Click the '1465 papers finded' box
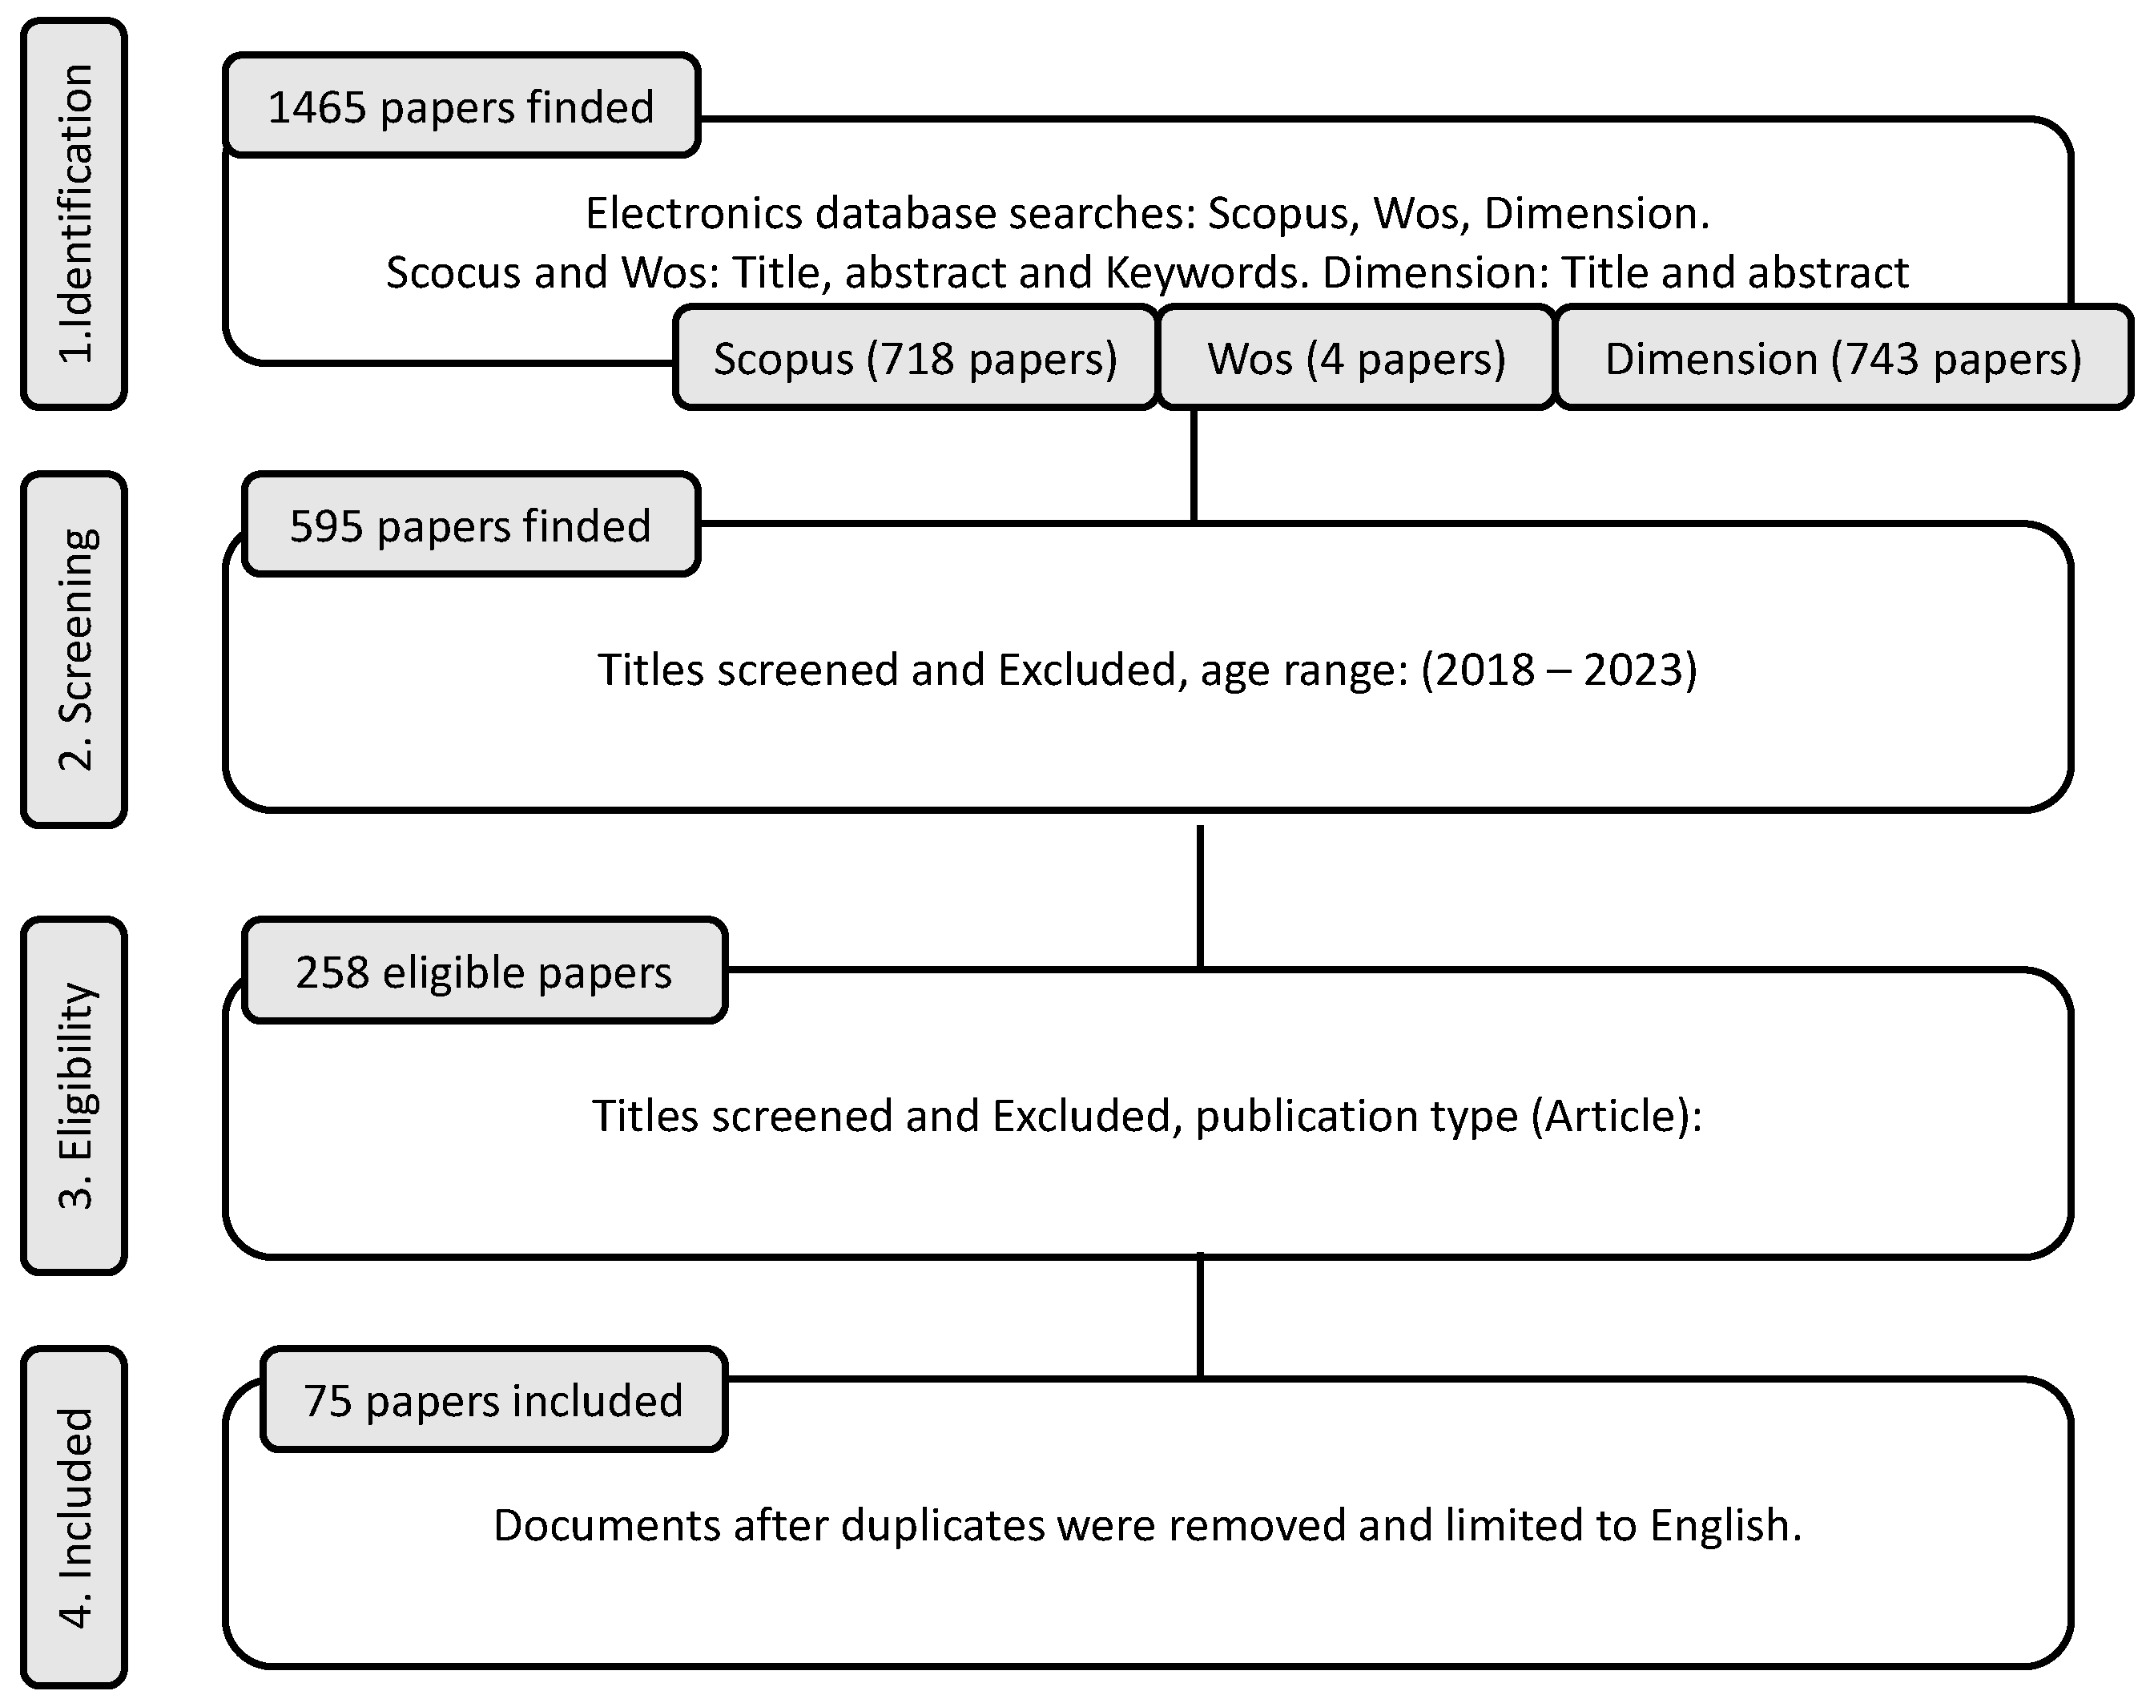(461, 106)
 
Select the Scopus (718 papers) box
(915, 358)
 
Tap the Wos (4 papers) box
(1356, 358)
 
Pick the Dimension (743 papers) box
(1843, 358)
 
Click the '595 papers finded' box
(469, 525)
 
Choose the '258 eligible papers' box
(484, 971)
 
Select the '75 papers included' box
(493, 1400)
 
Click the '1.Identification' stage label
(74, 213)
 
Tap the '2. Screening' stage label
(74, 649)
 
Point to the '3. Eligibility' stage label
(74, 1095)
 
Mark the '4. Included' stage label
(74, 1516)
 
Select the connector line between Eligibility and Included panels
(1200, 1316)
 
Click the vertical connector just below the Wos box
(1194, 465)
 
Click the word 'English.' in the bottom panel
(1725, 1525)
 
